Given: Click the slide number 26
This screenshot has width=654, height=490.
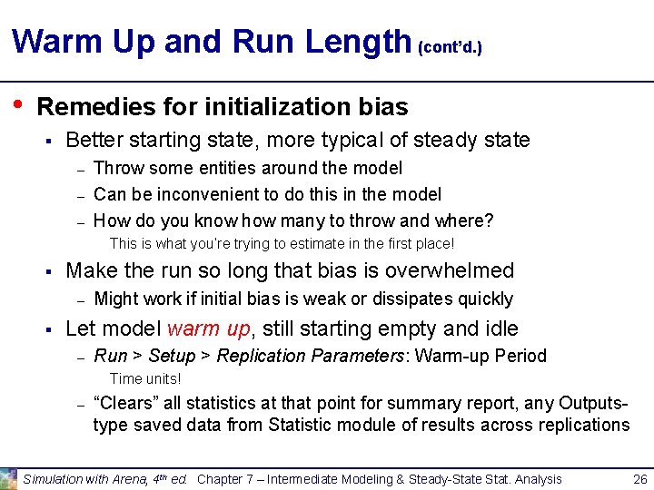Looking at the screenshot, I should tap(639, 478).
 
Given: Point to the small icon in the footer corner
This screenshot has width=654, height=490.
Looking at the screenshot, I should tap(8, 478).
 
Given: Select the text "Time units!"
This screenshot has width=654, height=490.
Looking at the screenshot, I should tap(145, 379).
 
